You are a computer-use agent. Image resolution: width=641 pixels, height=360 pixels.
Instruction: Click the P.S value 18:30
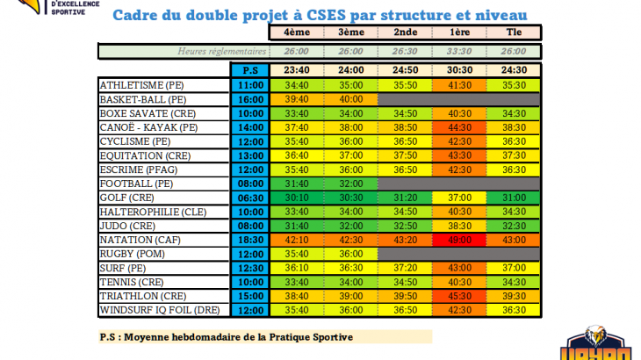pos(250,239)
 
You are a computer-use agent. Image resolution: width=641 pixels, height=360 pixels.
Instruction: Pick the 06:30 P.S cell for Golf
pos(250,198)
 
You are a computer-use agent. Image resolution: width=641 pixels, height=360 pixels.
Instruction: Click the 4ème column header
pos(297,32)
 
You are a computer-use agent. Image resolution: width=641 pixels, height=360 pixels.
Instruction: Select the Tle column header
pos(514,32)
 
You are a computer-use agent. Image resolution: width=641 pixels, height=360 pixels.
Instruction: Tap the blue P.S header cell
pos(250,70)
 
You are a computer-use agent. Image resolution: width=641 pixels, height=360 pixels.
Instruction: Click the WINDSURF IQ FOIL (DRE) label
pos(163,310)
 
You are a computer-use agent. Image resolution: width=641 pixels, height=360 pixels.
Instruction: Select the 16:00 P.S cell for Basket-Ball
pos(250,99)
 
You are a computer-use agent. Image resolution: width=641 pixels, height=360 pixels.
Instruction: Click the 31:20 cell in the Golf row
pos(405,198)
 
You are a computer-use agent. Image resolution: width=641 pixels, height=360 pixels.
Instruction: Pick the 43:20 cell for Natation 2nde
pos(405,239)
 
